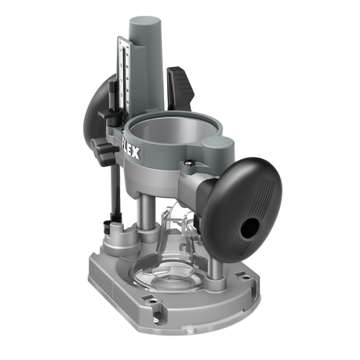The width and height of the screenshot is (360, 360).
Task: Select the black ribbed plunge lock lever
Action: (x=183, y=86)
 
